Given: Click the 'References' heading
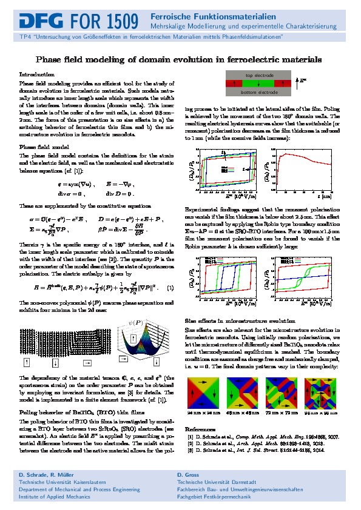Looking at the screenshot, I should coord(200,406).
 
